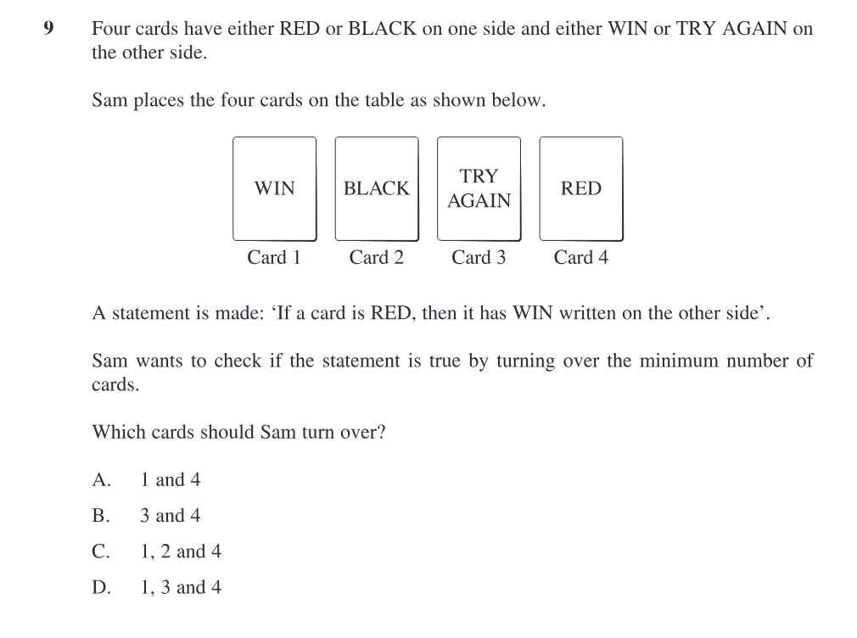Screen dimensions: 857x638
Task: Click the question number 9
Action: [x=48, y=29]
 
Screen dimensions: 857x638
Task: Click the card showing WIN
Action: [x=274, y=188]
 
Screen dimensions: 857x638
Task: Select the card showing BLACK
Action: [x=377, y=188]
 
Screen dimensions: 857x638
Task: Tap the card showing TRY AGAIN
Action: [x=479, y=188]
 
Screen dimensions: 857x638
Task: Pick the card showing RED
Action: [x=581, y=188]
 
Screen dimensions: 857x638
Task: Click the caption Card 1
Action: [x=274, y=257]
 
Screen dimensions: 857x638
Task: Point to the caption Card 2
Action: [x=376, y=257]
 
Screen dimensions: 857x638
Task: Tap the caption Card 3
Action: [x=479, y=257]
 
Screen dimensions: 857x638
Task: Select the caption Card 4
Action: [x=580, y=257]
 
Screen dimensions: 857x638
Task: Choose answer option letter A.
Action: [x=101, y=479]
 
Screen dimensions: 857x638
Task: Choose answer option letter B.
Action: [x=101, y=515]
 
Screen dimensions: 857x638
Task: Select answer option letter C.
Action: [x=101, y=551]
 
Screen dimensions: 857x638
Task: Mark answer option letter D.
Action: [x=101, y=586]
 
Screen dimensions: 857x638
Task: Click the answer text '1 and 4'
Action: [x=171, y=479]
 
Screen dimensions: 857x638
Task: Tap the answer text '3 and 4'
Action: [x=171, y=515]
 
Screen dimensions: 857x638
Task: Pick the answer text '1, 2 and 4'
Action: [x=181, y=551]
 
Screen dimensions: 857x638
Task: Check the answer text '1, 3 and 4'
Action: [x=181, y=586]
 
